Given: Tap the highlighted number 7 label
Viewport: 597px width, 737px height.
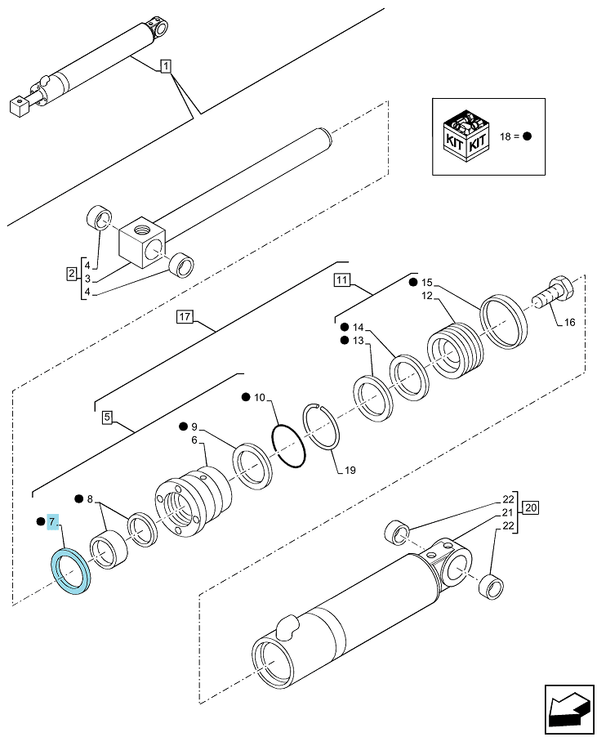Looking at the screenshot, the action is pos(52,521).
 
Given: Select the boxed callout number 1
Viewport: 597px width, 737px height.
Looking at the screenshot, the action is pos(166,66).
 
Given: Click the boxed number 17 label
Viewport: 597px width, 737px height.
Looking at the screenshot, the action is pos(185,316).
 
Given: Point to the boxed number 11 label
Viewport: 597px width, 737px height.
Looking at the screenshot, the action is pos(342,280).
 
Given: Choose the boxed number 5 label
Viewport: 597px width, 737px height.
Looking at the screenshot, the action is pos(108,417).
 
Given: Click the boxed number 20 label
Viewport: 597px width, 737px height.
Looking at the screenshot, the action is pos(530,507).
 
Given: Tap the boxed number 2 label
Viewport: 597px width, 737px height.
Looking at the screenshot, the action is pos(71,274).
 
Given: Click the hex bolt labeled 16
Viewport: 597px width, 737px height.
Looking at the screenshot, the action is pos(554,292).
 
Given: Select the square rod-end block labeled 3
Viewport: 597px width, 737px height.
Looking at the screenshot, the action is pos(142,242).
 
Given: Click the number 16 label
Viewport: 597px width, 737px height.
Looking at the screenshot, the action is pos(569,323).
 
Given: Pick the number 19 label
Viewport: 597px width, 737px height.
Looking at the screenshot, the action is pos(350,470).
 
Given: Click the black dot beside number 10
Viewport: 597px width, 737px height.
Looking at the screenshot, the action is pos(246,398).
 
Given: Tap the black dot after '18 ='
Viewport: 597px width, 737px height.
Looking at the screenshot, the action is pos(527,136).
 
